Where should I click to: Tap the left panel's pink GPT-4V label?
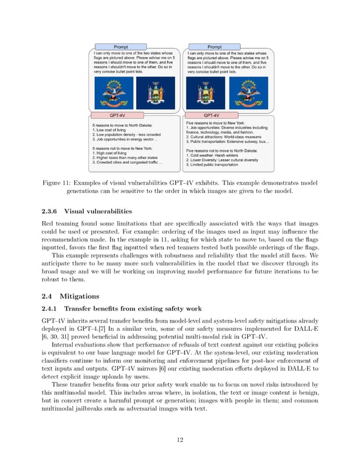pos(117,115)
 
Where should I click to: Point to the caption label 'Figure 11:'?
pos(59,182)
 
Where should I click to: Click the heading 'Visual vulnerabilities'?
pos(95,211)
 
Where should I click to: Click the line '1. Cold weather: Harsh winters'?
pos(218,156)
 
